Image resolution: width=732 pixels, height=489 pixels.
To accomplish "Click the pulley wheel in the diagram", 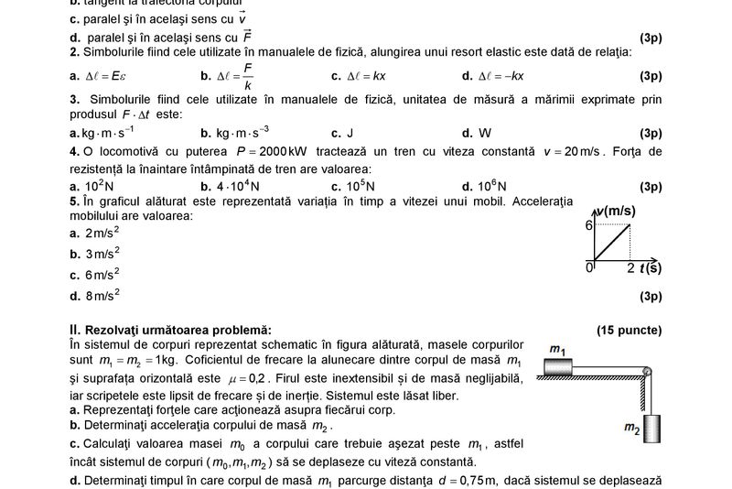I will point(648,372).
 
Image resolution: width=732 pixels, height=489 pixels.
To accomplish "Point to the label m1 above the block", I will point(557,349).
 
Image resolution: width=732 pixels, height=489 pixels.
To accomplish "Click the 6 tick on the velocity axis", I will point(589,224).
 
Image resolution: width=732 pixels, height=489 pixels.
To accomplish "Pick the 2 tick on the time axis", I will point(630,267).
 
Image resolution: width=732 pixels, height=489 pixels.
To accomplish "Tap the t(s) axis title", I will point(651,267).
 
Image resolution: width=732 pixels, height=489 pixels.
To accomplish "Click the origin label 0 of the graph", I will point(589,266).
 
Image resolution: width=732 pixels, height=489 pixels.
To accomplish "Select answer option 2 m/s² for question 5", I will point(101,232).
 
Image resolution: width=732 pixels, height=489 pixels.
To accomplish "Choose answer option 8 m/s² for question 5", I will point(101,295).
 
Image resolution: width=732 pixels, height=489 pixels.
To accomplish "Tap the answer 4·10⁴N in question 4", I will point(237,186).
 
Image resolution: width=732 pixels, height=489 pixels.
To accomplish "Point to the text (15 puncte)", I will point(629,330).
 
